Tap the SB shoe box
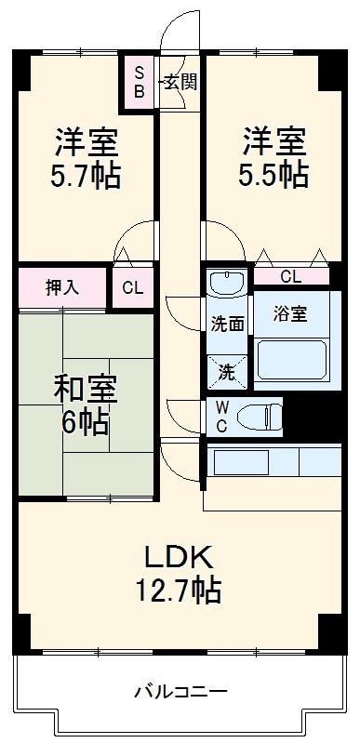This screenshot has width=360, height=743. click(140, 82)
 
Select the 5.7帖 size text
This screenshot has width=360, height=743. click(87, 175)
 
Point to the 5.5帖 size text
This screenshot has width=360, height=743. click(275, 175)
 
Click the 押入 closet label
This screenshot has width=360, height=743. click(62, 287)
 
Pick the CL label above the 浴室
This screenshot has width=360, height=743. click(290, 276)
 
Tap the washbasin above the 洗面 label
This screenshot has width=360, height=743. click(226, 283)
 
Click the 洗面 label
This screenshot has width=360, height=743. click(227, 325)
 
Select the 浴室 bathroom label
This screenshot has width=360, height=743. click(289, 314)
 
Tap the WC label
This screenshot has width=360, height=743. click(223, 416)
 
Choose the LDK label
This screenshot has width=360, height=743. click(180, 557)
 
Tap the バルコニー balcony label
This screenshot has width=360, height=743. click(180, 691)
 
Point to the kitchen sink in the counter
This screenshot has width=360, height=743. click(241, 462)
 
